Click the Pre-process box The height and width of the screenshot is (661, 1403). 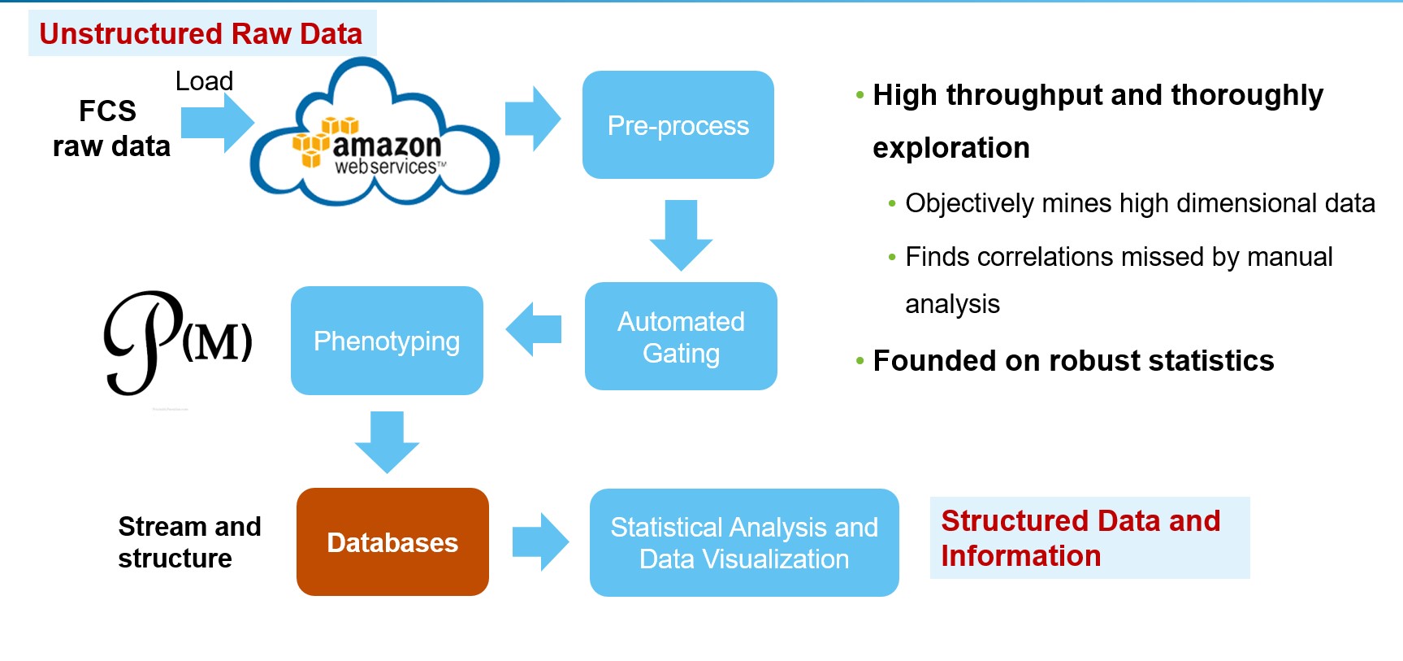point(678,125)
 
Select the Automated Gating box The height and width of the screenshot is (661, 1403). point(681,337)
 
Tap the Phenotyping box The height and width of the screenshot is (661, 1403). point(387,341)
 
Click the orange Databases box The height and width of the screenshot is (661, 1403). point(392,542)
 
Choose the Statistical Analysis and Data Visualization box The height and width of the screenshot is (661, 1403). point(743,542)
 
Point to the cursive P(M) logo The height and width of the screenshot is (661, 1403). point(175,341)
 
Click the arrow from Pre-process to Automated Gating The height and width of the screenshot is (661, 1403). point(681,235)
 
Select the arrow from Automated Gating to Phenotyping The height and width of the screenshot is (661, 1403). point(534,329)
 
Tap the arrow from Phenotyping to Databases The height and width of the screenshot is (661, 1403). point(387,441)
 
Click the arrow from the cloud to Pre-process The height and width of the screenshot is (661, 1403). point(533,119)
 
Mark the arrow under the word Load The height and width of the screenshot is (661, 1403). point(217,123)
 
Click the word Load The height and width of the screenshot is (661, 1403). point(204,81)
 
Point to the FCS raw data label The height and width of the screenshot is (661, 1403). point(110,128)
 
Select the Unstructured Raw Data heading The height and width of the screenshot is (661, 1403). point(201,33)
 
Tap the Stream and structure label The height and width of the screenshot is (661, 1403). point(188,542)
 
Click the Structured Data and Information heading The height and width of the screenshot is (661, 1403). point(1080,537)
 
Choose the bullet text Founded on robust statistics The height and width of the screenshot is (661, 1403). point(1073,360)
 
